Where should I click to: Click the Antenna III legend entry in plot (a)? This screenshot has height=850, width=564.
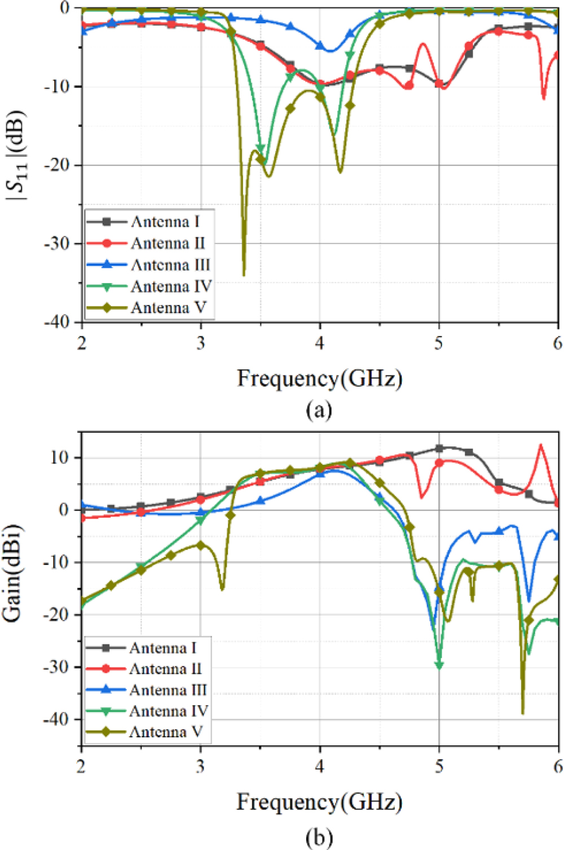tap(170, 265)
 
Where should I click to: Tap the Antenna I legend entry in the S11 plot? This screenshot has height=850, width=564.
tap(165, 222)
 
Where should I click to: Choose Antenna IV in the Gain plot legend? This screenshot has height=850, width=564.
tap(168, 711)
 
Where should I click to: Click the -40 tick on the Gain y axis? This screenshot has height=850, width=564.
tap(63, 719)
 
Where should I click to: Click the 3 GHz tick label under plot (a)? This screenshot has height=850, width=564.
tap(201, 343)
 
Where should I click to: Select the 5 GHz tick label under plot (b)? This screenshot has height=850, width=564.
tap(439, 767)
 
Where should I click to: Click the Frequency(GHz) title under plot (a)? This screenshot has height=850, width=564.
tap(319, 378)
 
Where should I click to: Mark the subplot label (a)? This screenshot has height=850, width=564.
tap(319, 410)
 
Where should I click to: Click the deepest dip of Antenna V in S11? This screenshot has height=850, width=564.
tap(244, 275)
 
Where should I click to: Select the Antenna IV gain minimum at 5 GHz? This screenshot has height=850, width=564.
tap(439, 666)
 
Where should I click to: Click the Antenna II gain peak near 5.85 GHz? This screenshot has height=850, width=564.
tap(541, 445)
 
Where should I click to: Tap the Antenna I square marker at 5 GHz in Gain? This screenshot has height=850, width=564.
tap(439, 449)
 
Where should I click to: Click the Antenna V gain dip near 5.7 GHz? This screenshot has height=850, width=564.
tap(523, 713)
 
